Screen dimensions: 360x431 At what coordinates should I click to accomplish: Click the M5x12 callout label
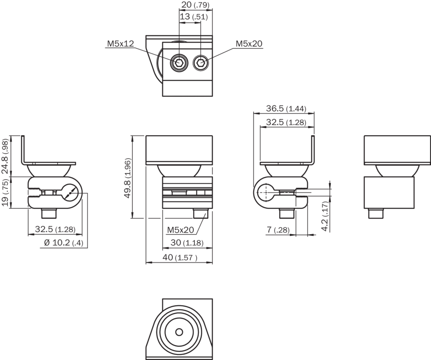tap(120, 44)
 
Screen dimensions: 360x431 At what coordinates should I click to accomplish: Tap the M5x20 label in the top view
tap(249, 44)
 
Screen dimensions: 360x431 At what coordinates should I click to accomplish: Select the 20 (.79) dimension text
tap(194, 5)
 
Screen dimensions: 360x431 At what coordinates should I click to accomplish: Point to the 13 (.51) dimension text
tap(193, 17)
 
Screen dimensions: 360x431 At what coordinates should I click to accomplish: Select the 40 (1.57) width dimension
tap(180, 257)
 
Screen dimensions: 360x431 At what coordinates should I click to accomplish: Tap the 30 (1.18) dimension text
tap(187, 243)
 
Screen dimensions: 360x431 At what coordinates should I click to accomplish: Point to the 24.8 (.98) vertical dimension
tap(5, 156)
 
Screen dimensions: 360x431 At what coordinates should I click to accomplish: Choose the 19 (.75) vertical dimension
tap(5, 193)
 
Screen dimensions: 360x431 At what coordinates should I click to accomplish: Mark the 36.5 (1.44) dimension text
tap(286, 109)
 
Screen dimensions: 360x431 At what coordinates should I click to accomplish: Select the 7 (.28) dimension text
tap(277, 230)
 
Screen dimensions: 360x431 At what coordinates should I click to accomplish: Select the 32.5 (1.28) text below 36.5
tap(285, 122)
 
